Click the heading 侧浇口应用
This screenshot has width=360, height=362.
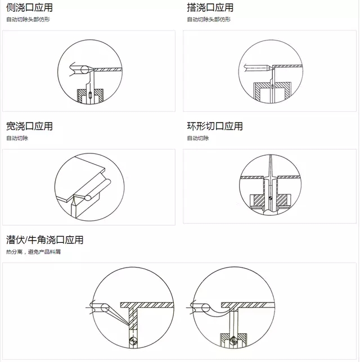pos(29,8)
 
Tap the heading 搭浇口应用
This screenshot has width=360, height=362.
pos(210,8)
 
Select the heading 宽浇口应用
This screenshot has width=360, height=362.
pos(29,126)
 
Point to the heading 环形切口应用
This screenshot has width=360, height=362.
pos(215,126)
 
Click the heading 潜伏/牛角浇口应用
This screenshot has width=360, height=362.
pos(44,240)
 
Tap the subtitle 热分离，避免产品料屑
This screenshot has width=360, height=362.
pos(33,252)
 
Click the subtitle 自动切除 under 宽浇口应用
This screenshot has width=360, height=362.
pos(17,138)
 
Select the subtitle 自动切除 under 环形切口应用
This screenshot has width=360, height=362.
pos(198,138)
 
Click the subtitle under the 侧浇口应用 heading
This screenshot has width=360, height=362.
pos(28,19)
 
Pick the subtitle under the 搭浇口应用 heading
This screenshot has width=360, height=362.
pos(209,19)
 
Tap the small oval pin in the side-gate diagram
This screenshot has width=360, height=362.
pos(90,94)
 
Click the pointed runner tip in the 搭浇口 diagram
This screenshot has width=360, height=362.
pos(270,67)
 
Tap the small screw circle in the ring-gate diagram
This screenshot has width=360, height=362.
pos(271,198)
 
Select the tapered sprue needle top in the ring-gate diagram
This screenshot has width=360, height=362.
pos(271,162)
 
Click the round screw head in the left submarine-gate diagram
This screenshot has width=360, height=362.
pos(133,341)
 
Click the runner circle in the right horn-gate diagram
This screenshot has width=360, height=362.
pos(205,307)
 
